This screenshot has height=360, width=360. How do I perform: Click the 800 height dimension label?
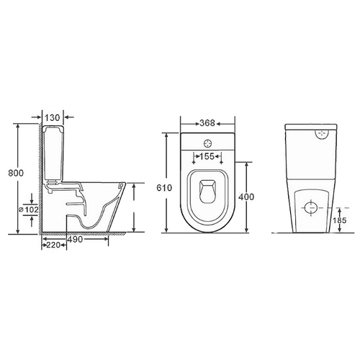[x=16, y=173]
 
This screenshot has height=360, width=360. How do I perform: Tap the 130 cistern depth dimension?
[x=53, y=117]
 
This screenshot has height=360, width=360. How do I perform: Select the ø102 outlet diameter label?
[x=29, y=210]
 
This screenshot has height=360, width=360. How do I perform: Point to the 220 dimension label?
[x=53, y=245]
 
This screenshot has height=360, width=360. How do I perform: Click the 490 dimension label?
[x=75, y=239]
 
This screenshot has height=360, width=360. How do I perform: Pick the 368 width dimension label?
[x=207, y=123]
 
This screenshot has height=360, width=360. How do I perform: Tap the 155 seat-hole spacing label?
[x=207, y=156]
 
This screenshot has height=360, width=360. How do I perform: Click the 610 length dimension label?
[x=164, y=188]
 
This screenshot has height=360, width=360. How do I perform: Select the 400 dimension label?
[x=246, y=197]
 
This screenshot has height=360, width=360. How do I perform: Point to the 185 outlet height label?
[x=340, y=220]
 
